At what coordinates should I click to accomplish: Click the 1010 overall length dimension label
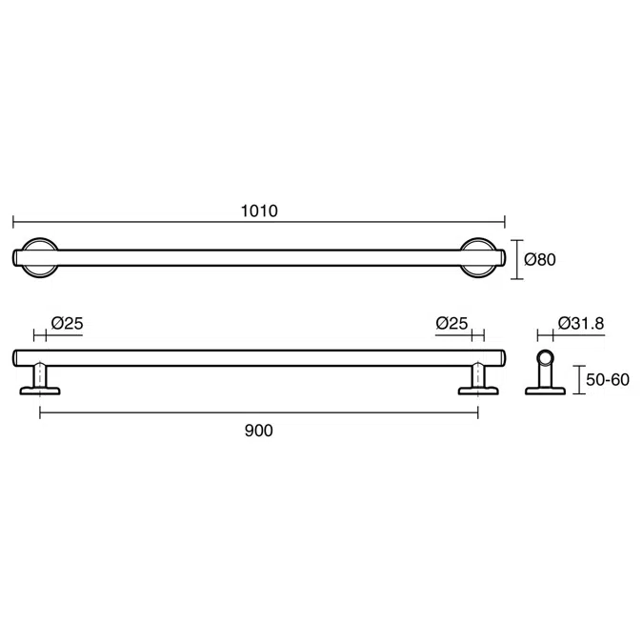(x=259, y=211)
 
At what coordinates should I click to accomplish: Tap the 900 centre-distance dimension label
(x=258, y=431)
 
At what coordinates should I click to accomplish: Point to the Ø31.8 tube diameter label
(x=580, y=323)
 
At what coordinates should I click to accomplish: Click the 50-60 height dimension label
(x=607, y=379)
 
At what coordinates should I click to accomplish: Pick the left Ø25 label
(x=68, y=323)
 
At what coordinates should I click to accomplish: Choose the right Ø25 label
(x=452, y=323)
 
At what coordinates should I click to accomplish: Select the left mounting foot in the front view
(x=41, y=381)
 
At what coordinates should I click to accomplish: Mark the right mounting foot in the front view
(x=476, y=381)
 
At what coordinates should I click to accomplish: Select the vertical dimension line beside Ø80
(x=517, y=259)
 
